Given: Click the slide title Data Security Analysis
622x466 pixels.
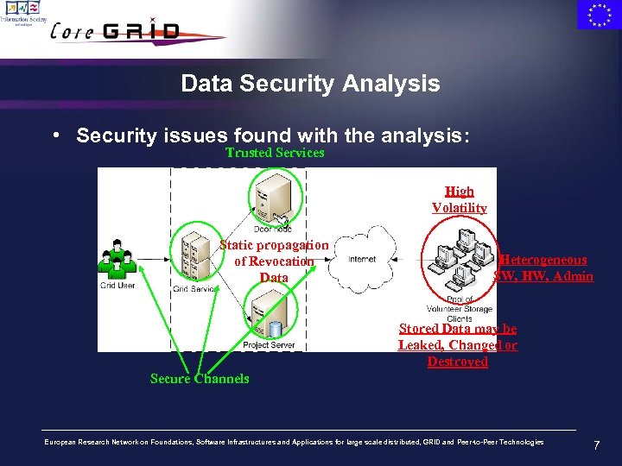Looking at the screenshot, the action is point(310,84).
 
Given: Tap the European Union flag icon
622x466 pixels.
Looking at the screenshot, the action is point(598,15).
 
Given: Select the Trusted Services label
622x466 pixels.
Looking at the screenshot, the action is point(275,153).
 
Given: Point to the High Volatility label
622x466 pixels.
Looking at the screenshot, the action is point(459,199).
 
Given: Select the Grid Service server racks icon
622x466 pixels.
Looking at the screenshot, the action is point(195,256).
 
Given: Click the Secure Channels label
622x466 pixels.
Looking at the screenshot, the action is point(200,379).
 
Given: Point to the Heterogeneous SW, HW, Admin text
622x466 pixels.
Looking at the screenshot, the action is point(543,268).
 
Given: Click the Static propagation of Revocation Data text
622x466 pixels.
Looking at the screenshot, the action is point(274,261).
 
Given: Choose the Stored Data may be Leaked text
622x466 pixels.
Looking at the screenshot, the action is point(458,344).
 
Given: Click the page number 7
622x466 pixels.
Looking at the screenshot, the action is point(596,445).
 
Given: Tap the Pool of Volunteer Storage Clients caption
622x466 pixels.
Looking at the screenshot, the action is point(460,308).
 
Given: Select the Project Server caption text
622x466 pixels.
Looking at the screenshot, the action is point(269,345).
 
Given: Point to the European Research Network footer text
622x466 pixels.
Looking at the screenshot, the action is point(294,442).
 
